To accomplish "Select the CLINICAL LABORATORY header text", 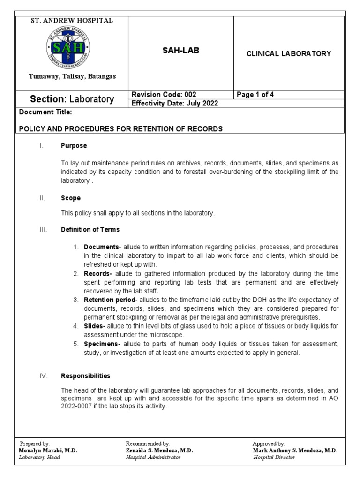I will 289,54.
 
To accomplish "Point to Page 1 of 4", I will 255,95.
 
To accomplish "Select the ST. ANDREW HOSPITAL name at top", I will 72,21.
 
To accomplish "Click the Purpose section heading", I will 74,146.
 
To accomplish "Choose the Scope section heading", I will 70,198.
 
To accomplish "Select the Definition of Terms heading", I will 90,230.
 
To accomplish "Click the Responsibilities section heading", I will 86,376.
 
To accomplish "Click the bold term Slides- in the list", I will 95,326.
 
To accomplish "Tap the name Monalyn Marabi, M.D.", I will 48,450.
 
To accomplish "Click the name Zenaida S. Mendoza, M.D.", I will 159,450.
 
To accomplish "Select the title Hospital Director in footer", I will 274,457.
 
